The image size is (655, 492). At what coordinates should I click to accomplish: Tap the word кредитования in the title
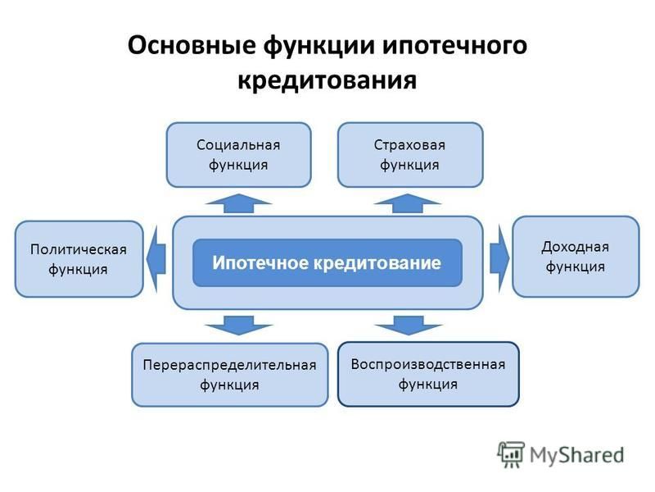[x=327, y=80]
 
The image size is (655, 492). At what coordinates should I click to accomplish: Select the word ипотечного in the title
[x=454, y=45]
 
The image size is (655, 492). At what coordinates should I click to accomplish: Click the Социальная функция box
[x=238, y=155]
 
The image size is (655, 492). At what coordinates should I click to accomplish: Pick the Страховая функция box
[x=410, y=155]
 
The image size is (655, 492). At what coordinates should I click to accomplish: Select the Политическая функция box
[x=79, y=259]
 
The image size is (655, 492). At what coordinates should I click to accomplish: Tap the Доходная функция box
[x=576, y=257]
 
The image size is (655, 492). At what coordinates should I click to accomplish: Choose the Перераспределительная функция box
[x=230, y=375]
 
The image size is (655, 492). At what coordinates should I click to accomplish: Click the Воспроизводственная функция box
[x=428, y=374]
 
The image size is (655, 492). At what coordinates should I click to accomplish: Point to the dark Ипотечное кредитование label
[x=327, y=262]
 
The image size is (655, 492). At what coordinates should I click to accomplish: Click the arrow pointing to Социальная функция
[x=238, y=203]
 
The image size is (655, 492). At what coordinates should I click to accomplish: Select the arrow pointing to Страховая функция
[x=408, y=203]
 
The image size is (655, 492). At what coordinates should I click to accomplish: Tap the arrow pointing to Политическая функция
[x=156, y=258]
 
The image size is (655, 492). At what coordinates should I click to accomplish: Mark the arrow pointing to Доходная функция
[x=499, y=258]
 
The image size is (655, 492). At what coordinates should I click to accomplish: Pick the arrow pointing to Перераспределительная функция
[x=238, y=326]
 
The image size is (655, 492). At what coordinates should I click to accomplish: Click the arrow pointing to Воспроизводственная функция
[x=408, y=326]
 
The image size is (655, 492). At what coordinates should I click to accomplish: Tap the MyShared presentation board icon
[x=511, y=455]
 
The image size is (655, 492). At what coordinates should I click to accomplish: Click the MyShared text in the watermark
[x=577, y=455]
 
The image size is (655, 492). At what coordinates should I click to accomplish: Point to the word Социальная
[x=238, y=145]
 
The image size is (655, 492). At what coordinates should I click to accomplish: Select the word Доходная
[x=576, y=248]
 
